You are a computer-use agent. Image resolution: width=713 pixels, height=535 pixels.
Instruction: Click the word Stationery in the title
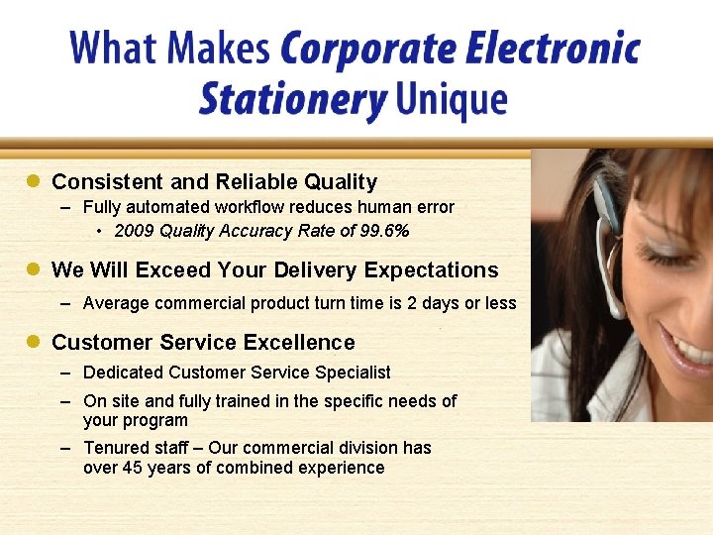click(291, 100)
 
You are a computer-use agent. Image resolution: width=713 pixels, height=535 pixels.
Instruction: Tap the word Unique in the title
click(451, 99)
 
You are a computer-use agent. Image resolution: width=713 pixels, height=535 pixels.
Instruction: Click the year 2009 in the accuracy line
click(134, 231)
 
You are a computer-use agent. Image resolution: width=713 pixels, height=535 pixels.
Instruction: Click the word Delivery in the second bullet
click(316, 269)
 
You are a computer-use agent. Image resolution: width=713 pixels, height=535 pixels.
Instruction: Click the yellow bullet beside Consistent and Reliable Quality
click(33, 181)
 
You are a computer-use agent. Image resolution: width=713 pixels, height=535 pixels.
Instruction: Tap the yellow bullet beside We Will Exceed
click(33, 269)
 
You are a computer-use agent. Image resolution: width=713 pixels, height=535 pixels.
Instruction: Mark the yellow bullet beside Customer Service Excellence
click(33, 342)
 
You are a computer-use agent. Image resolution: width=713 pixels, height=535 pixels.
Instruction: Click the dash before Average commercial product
click(64, 303)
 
